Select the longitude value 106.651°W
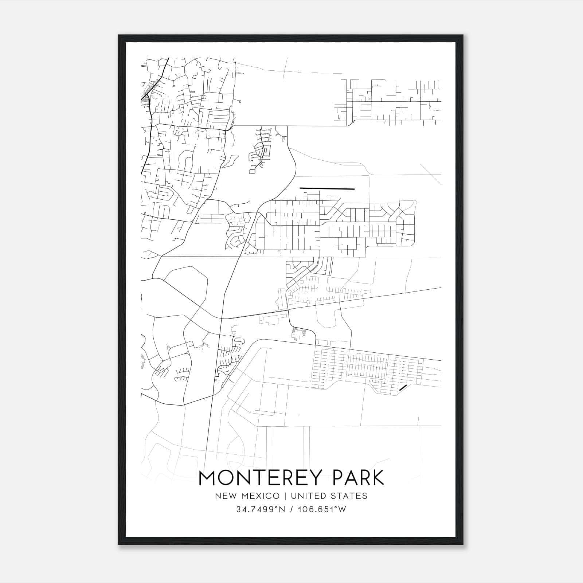click(322, 509)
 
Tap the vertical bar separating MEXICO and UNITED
click(285, 496)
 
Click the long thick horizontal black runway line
click(327, 189)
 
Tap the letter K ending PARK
click(377, 478)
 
